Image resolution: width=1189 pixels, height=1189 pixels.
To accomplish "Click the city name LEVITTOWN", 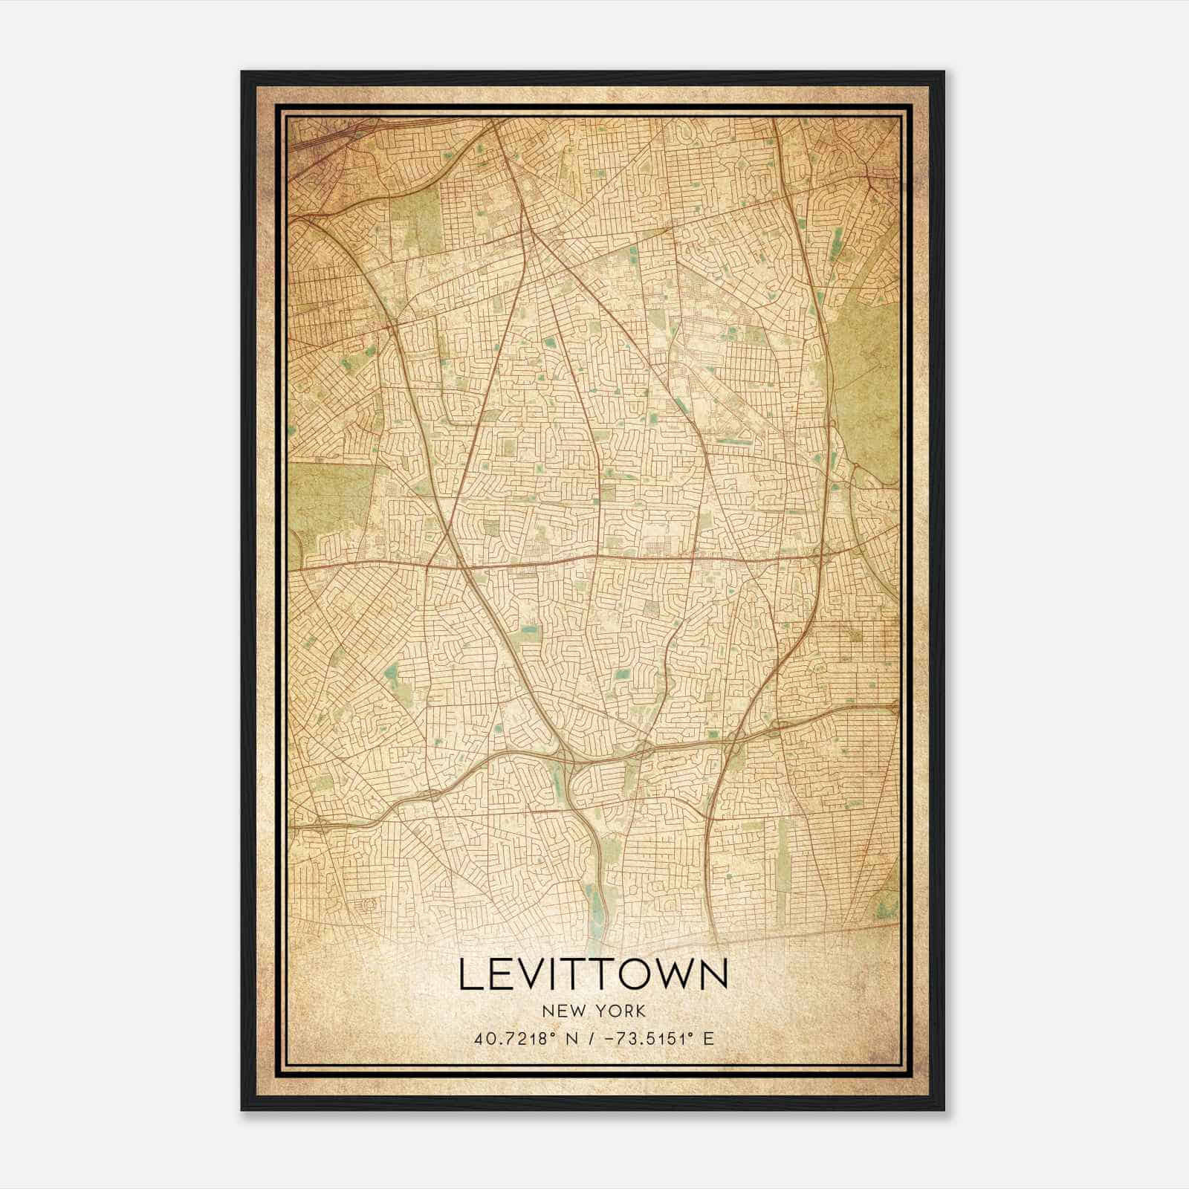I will [x=593, y=974].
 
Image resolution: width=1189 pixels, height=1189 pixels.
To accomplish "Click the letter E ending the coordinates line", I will [x=709, y=1039].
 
